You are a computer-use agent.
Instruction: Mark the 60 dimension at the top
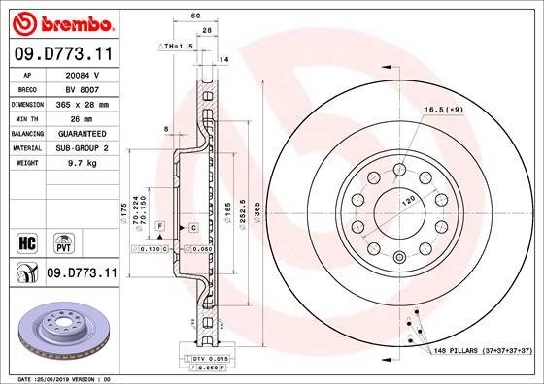click(195, 16)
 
